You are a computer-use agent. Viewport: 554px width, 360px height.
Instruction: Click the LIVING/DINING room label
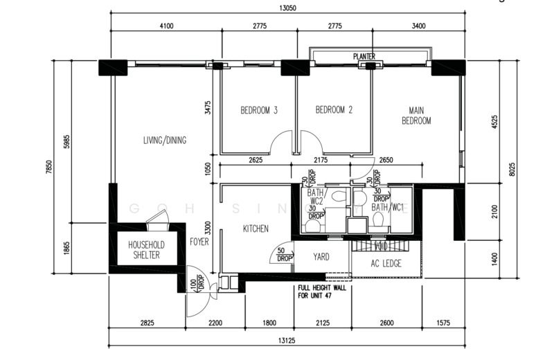pyautogui.click(x=165, y=141)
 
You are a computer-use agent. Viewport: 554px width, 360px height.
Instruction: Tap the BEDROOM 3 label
pyautogui.click(x=260, y=110)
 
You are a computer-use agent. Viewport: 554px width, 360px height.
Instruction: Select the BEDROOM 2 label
pyautogui.click(x=334, y=110)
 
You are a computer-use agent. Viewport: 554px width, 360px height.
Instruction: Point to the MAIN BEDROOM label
pyautogui.click(x=416, y=115)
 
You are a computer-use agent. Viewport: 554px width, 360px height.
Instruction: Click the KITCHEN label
pyautogui.click(x=256, y=229)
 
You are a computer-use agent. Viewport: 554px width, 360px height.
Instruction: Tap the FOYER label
pyautogui.click(x=199, y=242)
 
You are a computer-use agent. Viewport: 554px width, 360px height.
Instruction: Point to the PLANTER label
pyautogui.click(x=364, y=55)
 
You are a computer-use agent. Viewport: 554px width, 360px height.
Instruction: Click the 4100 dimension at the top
pyautogui.click(x=166, y=26)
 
